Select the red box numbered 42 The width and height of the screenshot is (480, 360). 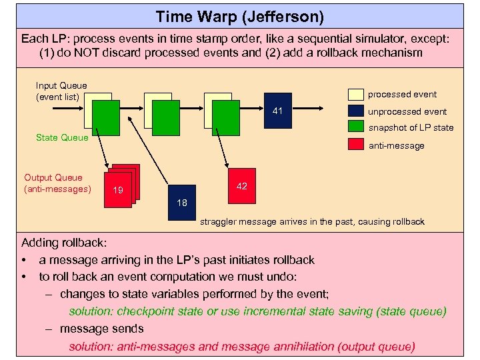pyautogui.click(x=241, y=186)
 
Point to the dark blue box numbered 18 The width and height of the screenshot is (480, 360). pyautogui.click(x=182, y=202)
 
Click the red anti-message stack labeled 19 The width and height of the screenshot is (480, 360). pyautogui.click(x=119, y=189)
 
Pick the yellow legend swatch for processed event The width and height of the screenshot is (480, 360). pyautogui.click(x=356, y=94)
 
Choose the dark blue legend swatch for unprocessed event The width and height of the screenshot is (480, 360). pyautogui.click(x=356, y=111)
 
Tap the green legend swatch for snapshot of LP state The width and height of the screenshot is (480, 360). pyautogui.click(x=356, y=128)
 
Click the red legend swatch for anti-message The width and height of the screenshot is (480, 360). pyautogui.click(x=356, y=145)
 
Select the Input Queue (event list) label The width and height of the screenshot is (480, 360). pyautogui.click(x=61, y=91)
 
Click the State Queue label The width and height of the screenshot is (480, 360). pyautogui.click(x=62, y=137)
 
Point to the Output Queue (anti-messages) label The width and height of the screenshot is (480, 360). pyautogui.click(x=57, y=183)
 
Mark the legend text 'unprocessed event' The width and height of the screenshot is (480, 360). pyautogui.click(x=407, y=111)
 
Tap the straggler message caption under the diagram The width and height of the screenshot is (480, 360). pyautogui.click(x=312, y=221)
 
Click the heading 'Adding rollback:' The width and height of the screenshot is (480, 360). pyautogui.click(x=64, y=242)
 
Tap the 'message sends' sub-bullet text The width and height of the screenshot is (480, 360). pyautogui.click(x=101, y=329)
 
